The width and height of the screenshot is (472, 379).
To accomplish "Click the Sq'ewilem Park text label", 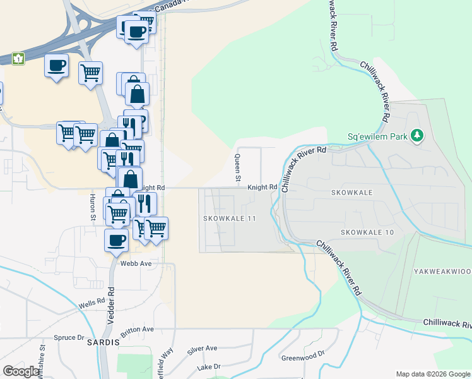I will [377, 136].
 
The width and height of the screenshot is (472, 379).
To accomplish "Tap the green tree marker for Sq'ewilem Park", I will [416, 135].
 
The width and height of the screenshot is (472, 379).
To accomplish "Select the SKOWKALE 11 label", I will [230, 218].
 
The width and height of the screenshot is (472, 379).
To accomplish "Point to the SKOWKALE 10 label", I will [367, 232].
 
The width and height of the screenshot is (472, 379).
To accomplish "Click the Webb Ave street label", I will [136, 263].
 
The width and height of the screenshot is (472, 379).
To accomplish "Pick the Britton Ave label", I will [139, 329].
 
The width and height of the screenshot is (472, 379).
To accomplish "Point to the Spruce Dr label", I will [69, 337].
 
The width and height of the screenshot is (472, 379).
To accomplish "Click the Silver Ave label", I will [202, 348].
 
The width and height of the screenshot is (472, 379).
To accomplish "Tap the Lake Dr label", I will [209, 366].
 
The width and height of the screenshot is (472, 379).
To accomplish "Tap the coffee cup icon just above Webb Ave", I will [116, 240].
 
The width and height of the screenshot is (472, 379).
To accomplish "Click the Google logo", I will [21, 371].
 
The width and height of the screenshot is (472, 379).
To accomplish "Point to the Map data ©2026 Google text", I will [433, 374].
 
